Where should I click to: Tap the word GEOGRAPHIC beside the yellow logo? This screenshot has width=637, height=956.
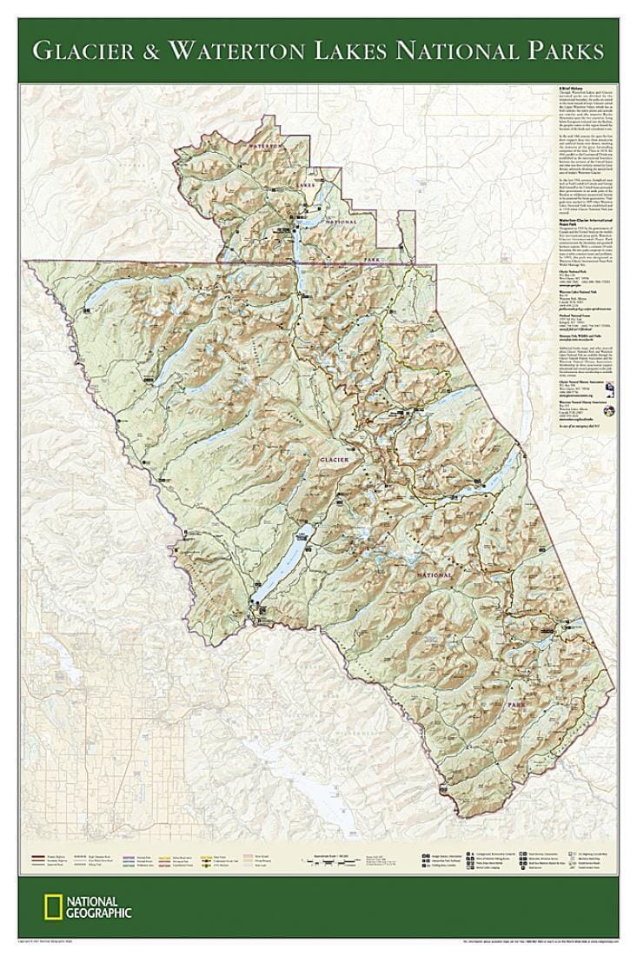point(100,913)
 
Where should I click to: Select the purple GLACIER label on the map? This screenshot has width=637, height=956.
point(335,458)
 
